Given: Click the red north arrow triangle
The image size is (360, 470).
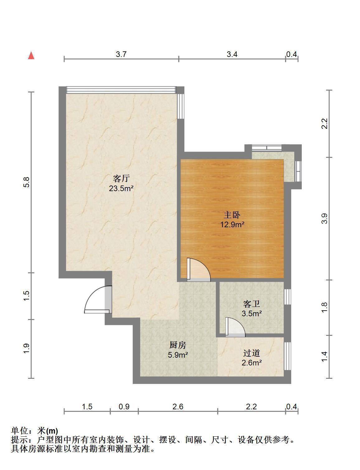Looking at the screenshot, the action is click(31, 56).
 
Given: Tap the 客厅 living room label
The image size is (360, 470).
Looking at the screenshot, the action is click(121, 178).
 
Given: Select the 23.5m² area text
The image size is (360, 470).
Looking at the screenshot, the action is click(121, 188).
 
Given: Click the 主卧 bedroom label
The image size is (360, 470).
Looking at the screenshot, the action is click(232, 215).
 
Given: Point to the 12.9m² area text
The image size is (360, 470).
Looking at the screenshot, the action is click(232, 224).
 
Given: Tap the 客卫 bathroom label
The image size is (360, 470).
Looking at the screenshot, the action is click(251, 304).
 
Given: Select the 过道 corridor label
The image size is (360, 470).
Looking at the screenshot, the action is click(251, 353).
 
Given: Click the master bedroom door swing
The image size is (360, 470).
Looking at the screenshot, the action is click(199, 270).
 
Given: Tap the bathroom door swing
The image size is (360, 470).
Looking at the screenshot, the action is click(235, 327).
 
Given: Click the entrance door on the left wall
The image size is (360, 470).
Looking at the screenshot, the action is click(98, 299).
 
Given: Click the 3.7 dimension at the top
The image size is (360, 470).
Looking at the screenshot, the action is click(121, 54).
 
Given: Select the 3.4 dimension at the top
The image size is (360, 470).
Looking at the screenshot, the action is click(232, 54).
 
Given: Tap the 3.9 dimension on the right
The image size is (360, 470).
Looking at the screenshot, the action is click(324, 219).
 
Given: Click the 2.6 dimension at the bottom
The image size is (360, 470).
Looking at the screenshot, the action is click(178, 407).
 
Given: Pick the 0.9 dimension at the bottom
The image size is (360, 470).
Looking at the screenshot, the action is click(124, 407).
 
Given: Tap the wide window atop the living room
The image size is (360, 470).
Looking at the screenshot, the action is click(121, 90).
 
